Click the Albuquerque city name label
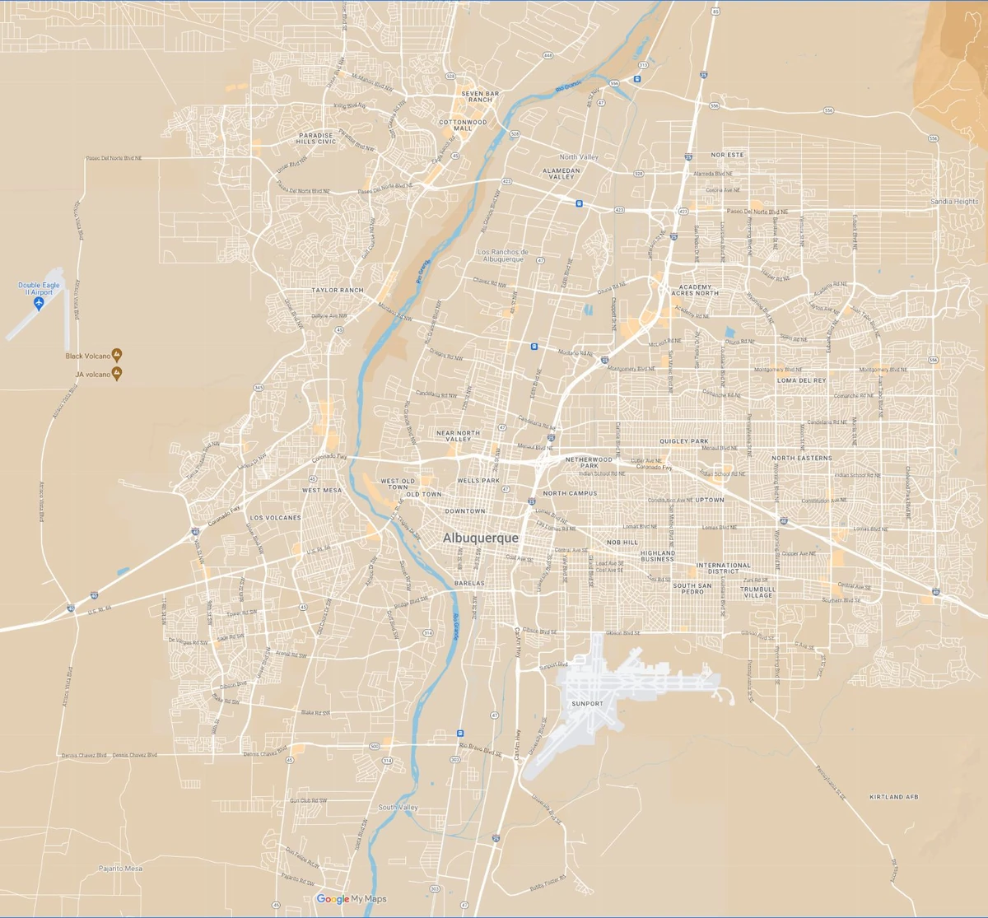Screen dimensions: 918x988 [x=481, y=538]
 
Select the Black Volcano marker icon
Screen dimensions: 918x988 [x=117, y=356]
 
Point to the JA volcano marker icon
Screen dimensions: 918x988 [x=117, y=374]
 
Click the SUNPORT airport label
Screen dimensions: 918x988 [x=587, y=703]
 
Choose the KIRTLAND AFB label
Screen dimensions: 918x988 [x=893, y=797]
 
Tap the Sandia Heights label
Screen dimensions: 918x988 [x=954, y=202]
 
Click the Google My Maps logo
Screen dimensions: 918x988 [x=352, y=899]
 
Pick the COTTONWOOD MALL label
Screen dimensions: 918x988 [x=462, y=125]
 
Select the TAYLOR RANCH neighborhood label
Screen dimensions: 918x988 [x=337, y=291]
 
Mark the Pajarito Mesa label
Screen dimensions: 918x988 [x=120, y=869]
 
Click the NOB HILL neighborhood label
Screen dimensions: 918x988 [x=622, y=543]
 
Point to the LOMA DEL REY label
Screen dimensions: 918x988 [x=801, y=380]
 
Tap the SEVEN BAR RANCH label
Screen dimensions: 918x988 [x=480, y=96]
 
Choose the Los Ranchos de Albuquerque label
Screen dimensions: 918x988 [x=503, y=255]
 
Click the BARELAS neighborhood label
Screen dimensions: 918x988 [x=469, y=583]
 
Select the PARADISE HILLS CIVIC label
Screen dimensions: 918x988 [x=316, y=138]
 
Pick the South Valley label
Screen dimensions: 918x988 [x=398, y=808]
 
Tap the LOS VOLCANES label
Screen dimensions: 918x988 [x=275, y=518]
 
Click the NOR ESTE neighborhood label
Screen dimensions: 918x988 [x=727, y=155]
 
